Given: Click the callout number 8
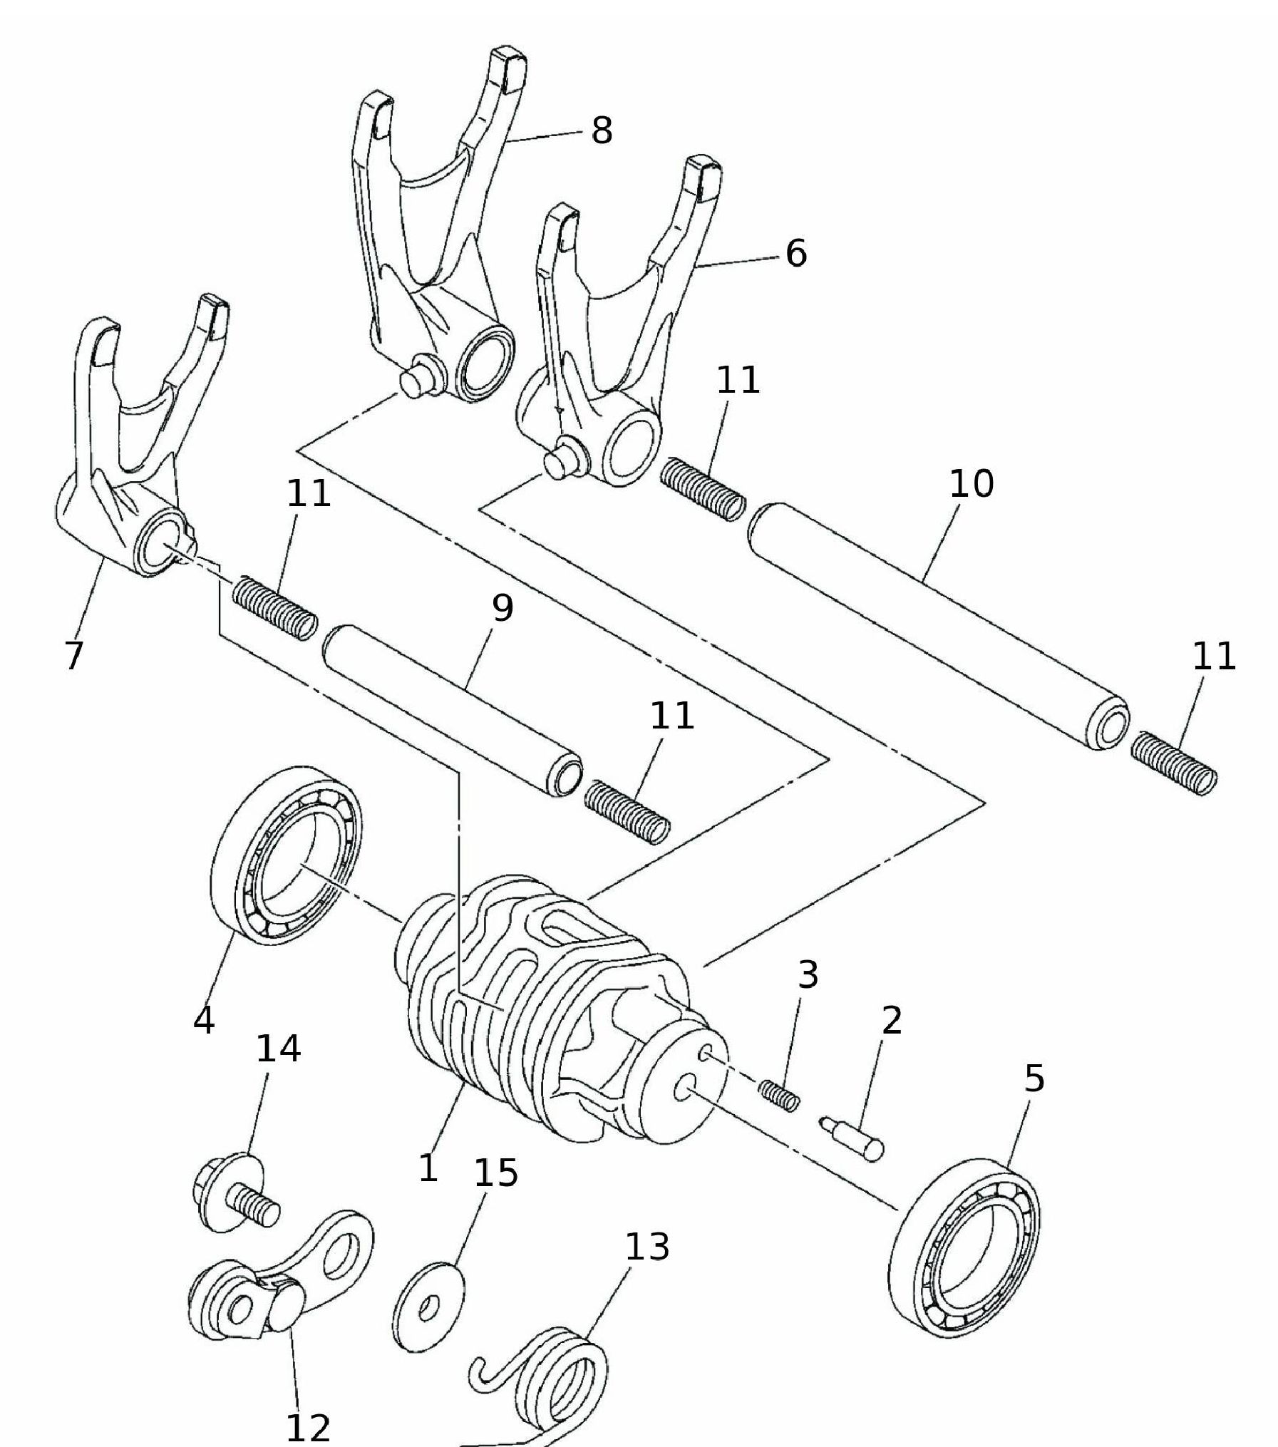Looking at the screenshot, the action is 602,130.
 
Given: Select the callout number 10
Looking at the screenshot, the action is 971,483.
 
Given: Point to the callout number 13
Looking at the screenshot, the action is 647,1246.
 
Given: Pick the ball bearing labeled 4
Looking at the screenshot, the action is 287,857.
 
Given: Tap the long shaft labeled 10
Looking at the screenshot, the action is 938,628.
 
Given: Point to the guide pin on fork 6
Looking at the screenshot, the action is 565,456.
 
